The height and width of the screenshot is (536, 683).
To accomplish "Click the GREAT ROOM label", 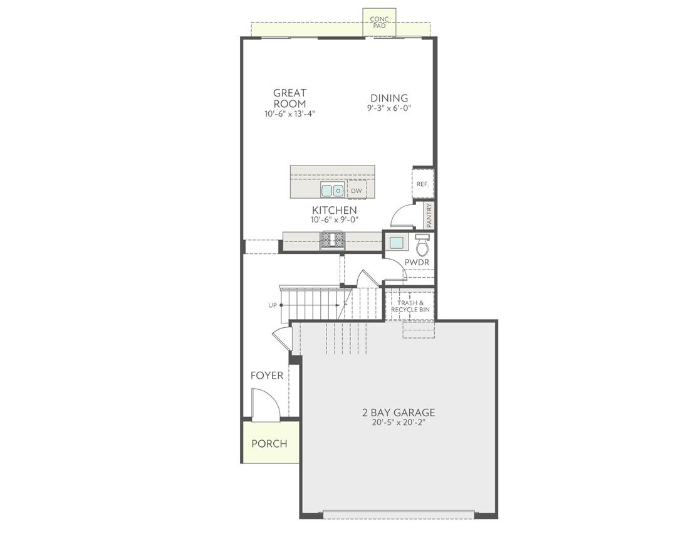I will [289, 98].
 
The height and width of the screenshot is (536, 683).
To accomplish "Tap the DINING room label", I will [389, 98].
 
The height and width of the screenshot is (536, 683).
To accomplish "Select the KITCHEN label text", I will [334, 211].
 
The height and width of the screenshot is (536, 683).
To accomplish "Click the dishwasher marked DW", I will [356, 191].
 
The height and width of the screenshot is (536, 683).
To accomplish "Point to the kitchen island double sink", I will [332, 191].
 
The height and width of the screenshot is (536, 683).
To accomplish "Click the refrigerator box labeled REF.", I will [422, 184].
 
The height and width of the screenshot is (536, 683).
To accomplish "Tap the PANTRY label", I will [429, 214].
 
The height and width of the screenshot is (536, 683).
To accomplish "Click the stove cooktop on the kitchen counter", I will [333, 240].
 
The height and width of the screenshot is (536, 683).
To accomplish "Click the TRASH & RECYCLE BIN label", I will [410, 307].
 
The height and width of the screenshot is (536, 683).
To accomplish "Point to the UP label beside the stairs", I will [273, 305].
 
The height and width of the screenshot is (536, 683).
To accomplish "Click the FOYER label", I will [267, 376].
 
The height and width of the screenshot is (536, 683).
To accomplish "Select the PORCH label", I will [269, 444].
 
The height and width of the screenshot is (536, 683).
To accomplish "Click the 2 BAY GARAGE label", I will [399, 413].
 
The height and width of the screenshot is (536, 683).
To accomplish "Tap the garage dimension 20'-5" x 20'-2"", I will [399, 423].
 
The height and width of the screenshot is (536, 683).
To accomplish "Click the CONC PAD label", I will [380, 22].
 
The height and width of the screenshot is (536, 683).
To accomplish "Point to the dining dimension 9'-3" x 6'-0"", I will [389, 108].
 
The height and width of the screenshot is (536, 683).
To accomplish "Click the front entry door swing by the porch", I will [263, 404].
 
